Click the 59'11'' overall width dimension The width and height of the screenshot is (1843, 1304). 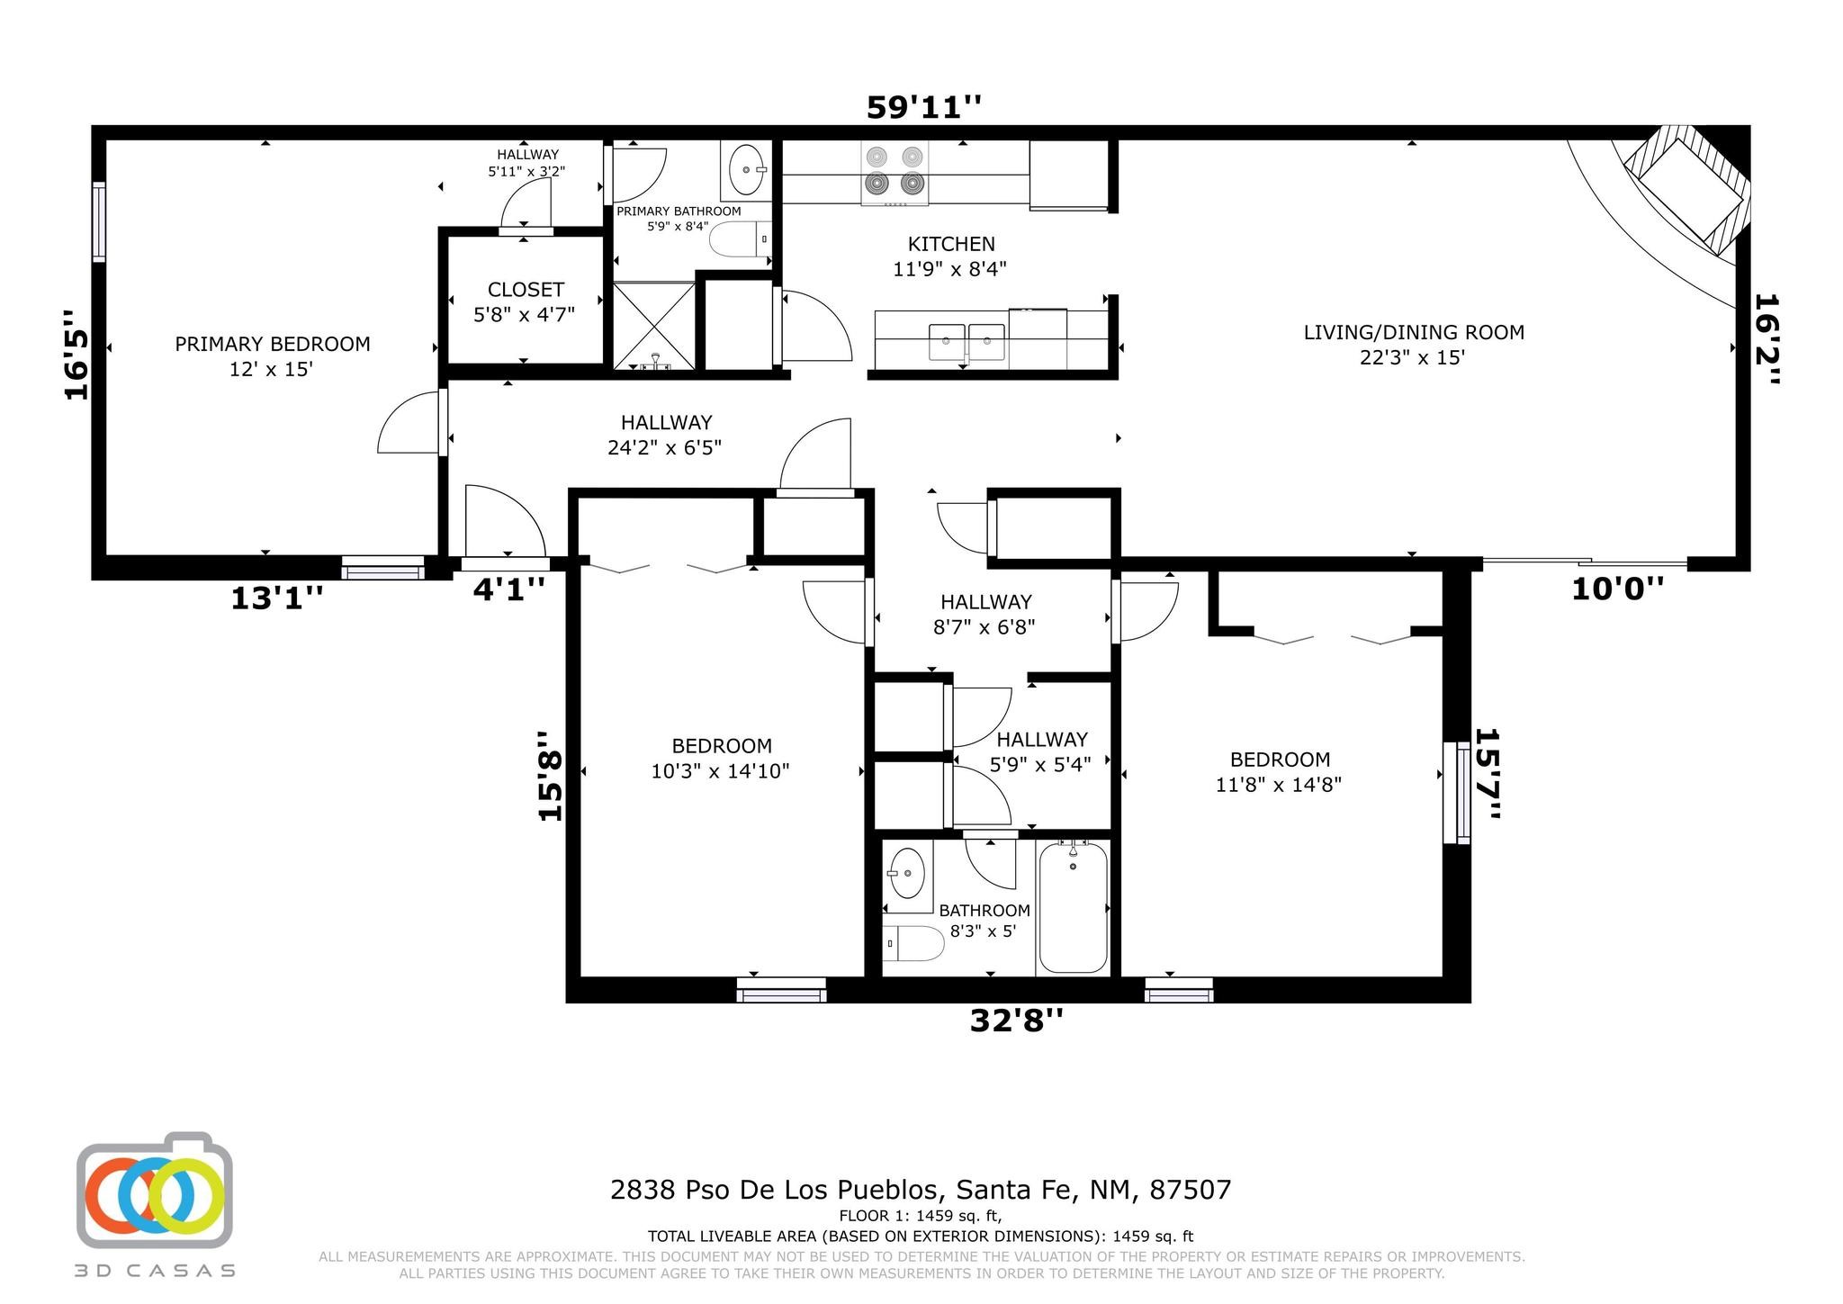click(923, 107)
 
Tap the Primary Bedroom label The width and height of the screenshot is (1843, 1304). click(272, 355)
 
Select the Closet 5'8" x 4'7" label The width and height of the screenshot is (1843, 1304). click(525, 301)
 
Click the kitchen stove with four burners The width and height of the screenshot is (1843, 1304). click(895, 173)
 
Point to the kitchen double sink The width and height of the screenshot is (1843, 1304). click(967, 340)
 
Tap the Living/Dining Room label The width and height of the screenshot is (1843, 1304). click(1414, 344)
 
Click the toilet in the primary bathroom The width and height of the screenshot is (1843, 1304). click(741, 239)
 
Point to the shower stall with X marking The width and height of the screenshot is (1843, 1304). click(654, 325)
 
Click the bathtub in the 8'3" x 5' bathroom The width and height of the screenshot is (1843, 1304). click(1073, 907)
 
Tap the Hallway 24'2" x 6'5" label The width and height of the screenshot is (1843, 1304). click(665, 435)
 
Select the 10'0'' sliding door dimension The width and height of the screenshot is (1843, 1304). click(1617, 589)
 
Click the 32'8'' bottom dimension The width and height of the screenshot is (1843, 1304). click(1016, 1021)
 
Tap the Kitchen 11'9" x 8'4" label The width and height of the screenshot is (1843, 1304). click(950, 256)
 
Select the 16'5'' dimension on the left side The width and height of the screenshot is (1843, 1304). click(77, 355)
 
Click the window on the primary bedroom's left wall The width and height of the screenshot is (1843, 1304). click(99, 222)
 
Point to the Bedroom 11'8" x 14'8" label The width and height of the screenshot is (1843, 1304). click(1279, 772)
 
